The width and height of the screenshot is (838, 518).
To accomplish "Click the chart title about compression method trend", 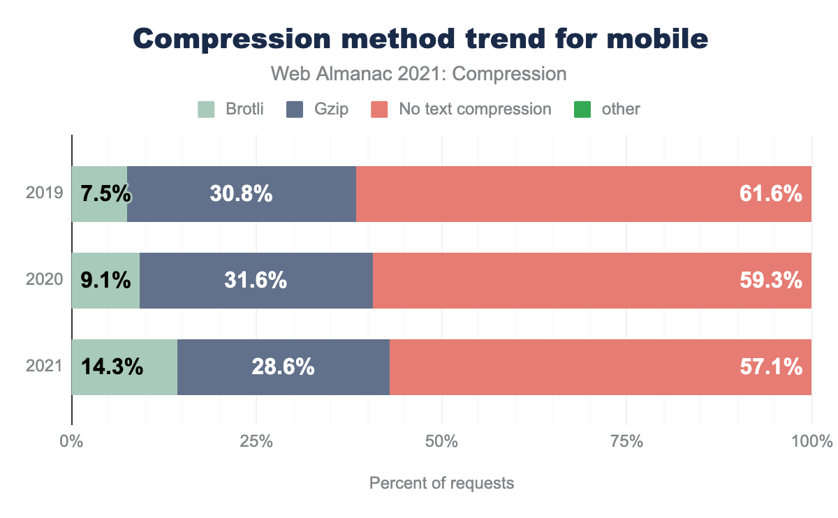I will coord(420,38).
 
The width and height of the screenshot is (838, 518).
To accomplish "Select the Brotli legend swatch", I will coord(207,109).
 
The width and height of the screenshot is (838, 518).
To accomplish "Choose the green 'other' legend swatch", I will coord(582,109).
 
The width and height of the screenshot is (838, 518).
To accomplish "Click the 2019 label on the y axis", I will coord(45,194).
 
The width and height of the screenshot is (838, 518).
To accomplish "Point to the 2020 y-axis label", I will coord(45,280).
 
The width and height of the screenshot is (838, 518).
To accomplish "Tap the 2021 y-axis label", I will coord(45,367).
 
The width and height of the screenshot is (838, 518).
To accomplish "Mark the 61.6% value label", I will coord(770,194).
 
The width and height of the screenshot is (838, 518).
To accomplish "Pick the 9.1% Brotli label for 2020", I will coord(105,280).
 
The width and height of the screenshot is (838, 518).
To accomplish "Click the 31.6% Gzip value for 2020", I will coord(256,280).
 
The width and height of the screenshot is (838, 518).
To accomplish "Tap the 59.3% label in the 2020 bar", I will coord(770,280).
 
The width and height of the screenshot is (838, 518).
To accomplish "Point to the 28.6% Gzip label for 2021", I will coord(283,367).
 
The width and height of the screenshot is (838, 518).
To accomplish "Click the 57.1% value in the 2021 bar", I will coord(770,367).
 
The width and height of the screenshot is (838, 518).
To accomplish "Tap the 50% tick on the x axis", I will coord(441,442).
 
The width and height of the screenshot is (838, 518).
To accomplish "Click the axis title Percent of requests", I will coord(441,483).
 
